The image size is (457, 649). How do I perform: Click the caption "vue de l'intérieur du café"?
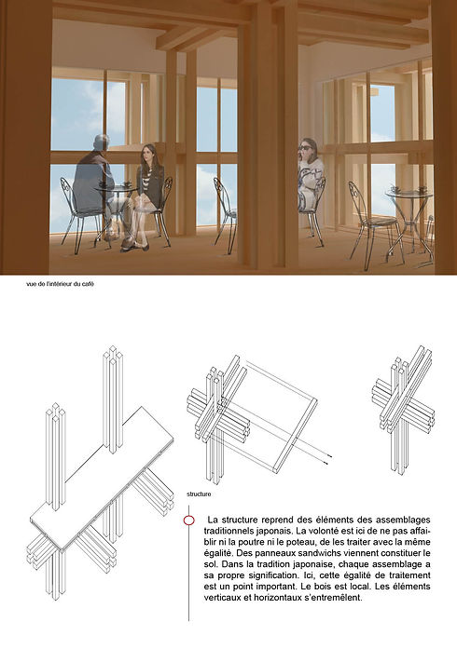coord(60,284)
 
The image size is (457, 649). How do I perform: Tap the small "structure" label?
coord(199,494)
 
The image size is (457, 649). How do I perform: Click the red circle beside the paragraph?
coord(188,521)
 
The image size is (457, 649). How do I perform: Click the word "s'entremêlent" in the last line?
coord(335,598)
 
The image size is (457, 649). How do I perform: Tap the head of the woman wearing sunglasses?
coord(308,148)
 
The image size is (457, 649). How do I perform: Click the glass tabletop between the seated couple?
coord(117,187)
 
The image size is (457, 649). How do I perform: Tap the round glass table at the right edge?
coord(409,194)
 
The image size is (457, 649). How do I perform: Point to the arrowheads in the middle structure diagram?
coord(328,459)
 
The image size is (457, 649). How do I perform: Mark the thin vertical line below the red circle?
coord(188,574)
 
